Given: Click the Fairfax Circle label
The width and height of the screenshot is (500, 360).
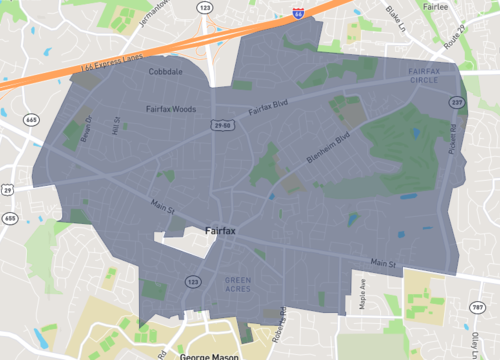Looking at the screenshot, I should [x=431, y=74].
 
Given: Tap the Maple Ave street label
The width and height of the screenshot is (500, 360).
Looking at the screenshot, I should [x=364, y=298].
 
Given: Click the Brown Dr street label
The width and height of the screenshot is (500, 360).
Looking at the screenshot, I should [x=87, y=126].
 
